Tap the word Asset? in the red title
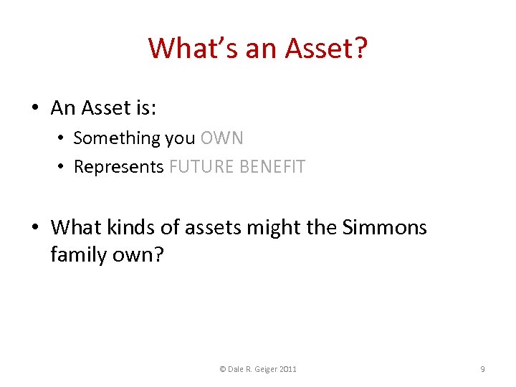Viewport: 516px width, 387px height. tap(326, 48)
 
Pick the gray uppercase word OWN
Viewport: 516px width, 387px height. tap(222, 138)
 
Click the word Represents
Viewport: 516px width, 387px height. tap(119, 167)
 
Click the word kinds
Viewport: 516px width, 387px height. tap(128, 228)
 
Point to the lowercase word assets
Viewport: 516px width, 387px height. tap(210, 228)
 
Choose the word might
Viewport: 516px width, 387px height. tap(269, 228)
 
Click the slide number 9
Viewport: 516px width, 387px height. tap(482, 369)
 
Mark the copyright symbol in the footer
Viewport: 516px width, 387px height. tap(223, 369)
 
